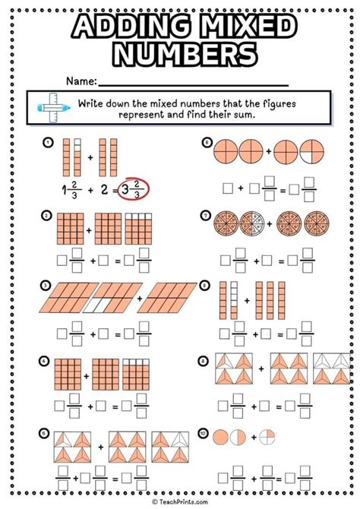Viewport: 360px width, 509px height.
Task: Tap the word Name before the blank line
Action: click(81, 81)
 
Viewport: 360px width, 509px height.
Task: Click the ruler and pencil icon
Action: click(50, 106)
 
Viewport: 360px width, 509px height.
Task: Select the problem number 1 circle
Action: click(47, 141)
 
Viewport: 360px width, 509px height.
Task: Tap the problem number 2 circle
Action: click(47, 215)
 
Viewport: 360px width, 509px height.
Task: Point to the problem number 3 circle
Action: click(47, 286)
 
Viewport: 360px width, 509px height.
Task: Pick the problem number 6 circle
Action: click(206, 141)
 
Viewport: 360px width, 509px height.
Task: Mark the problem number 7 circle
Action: click(206, 215)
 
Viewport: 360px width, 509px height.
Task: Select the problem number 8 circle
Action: click(206, 286)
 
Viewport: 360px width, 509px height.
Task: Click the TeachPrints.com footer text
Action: click(180, 502)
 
